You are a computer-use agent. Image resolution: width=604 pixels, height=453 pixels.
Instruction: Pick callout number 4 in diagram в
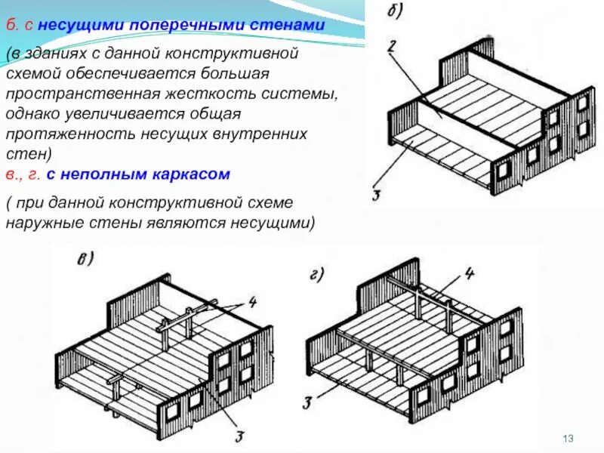pyautogui.click(x=252, y=304)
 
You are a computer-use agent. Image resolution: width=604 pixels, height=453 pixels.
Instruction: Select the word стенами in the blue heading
pyautogui.click(x=288, y=26)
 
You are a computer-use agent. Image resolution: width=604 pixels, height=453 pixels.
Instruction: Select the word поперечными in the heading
pyautogui.click(x=181, y=26)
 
